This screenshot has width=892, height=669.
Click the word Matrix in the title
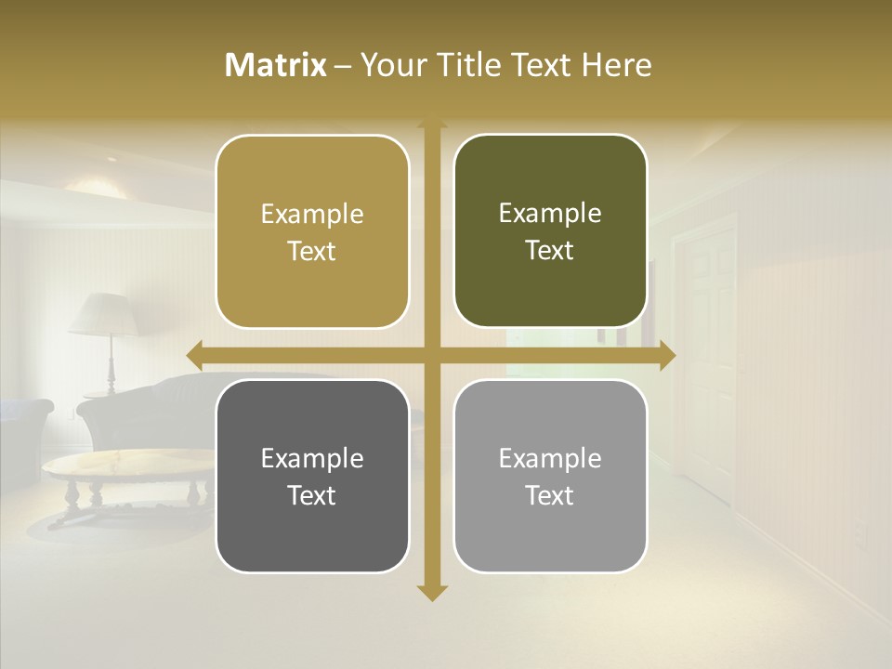pyautogui.click(x=276, y=65)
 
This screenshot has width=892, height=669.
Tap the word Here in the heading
pyautogui.click(x=616, y=65)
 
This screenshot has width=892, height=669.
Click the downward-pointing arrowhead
pyautogui.click(x=432, y=592)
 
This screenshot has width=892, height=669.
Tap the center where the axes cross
pyautogui.click(x=432, y=355)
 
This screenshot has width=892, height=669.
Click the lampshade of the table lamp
pyautogui.click(x=105, y=314)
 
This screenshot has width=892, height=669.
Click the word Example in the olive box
pyautogui.click(x=550, y=213)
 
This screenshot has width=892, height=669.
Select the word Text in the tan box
pyautogui.click(x=312, y=251)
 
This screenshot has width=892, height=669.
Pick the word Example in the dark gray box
pyautogui.click(x=312, y=458)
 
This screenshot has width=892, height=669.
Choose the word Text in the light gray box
pyautogui.click(x=550, y=495)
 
